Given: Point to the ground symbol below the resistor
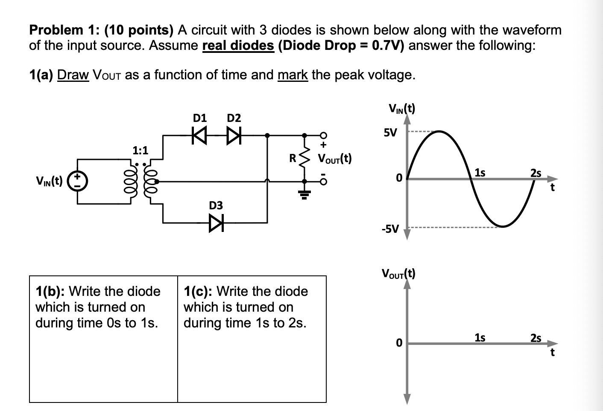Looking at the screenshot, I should (304, 196).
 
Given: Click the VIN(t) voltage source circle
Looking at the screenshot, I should (78, 181).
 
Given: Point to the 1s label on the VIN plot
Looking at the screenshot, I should (480, 172).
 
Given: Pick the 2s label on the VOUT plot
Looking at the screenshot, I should (536, 338).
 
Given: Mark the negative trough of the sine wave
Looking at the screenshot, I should (503, 226).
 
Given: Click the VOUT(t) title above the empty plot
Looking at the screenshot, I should (398, 273).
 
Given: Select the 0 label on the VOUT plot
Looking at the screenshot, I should (399, 342).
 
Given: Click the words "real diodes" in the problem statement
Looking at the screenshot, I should (238, 45).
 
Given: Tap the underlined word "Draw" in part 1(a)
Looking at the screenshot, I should (73, 75).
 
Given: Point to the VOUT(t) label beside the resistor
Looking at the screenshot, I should (334, 159).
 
